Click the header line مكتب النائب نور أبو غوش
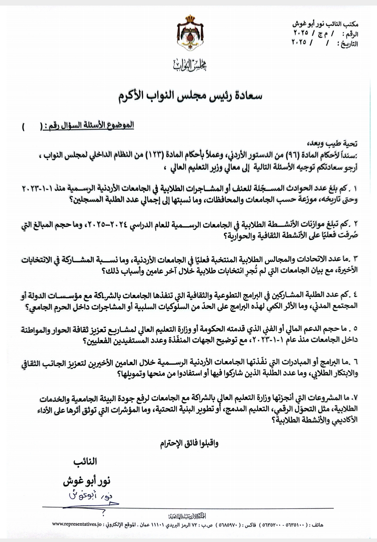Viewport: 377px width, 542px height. [x=325, y=25]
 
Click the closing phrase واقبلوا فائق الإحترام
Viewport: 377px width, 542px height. [x=190, y=444]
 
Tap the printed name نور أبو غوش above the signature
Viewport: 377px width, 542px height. [x=87, y=482]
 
